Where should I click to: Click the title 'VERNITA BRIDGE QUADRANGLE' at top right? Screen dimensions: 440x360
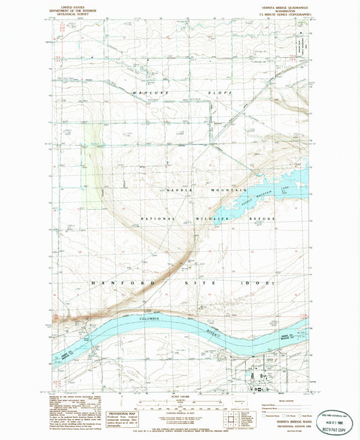[282, 3]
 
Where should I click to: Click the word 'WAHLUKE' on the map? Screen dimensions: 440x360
[149, 92]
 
